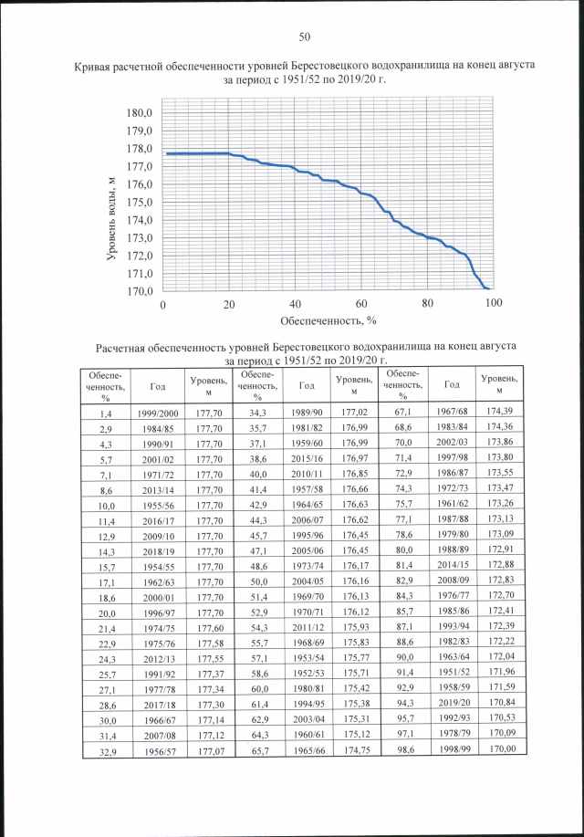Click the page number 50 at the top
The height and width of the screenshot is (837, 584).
tap(305, 37)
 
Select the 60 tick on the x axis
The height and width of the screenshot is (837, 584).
tap(361, 304)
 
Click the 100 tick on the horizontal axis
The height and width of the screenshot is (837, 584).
tap(494, 304)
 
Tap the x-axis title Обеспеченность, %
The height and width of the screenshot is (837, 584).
tap(328, 320)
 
